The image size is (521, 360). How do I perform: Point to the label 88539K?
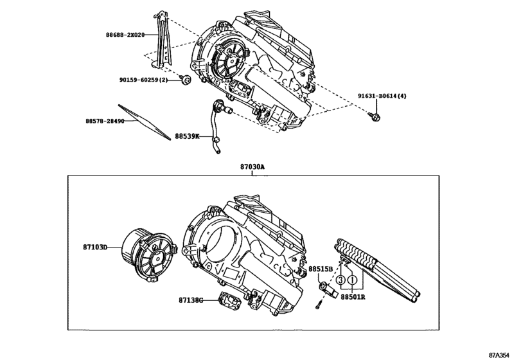click(x=187, y=136)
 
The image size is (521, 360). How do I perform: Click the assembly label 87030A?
click(x=252, y=166)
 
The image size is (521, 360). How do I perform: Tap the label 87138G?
click(x=191, y=300)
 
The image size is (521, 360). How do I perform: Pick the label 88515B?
click(x=321, y=269)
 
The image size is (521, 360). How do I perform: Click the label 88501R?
click(x=353, y=297)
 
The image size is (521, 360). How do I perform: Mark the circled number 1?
click(x=353, y=280)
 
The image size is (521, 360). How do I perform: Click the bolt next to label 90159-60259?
click(x=184, y=79)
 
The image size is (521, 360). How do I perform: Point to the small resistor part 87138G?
click(x=229, y=300)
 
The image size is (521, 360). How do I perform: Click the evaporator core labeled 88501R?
click(x=379, y=267)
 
